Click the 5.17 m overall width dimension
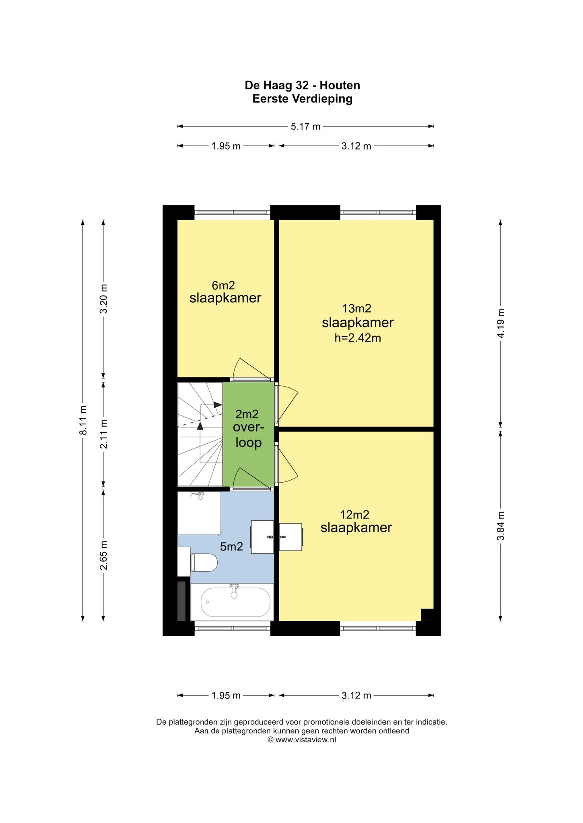306,126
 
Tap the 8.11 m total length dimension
83,420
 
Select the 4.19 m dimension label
501,323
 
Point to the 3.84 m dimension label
501,526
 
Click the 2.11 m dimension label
104,434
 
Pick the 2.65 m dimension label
104,555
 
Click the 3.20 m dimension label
104,299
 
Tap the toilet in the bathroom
204,562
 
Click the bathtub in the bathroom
232,602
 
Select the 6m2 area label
223,285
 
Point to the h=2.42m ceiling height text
358,338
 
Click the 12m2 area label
354,514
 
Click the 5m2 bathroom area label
231,547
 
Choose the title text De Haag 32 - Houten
303,85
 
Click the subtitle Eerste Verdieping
303,98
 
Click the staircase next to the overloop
200,434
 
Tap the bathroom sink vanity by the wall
262,537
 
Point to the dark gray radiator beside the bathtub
181,601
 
